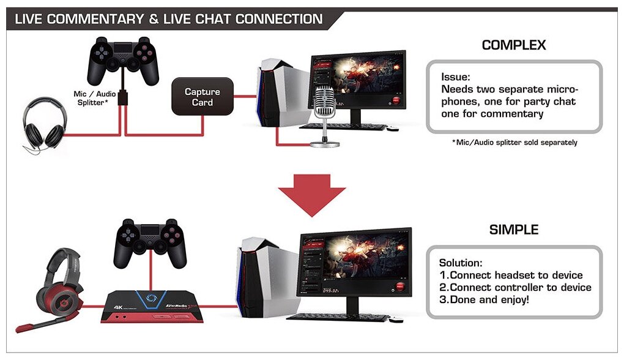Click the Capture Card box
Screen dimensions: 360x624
point(202,97)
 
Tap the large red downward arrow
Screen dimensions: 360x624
point(313,192)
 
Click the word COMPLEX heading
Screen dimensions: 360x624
point(513,45)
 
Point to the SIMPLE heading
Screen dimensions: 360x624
point(514,230)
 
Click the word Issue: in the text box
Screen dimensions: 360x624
point(456,78)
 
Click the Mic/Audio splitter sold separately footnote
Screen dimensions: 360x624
point(514,143)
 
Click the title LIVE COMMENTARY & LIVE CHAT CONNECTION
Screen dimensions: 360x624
point(169,19)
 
